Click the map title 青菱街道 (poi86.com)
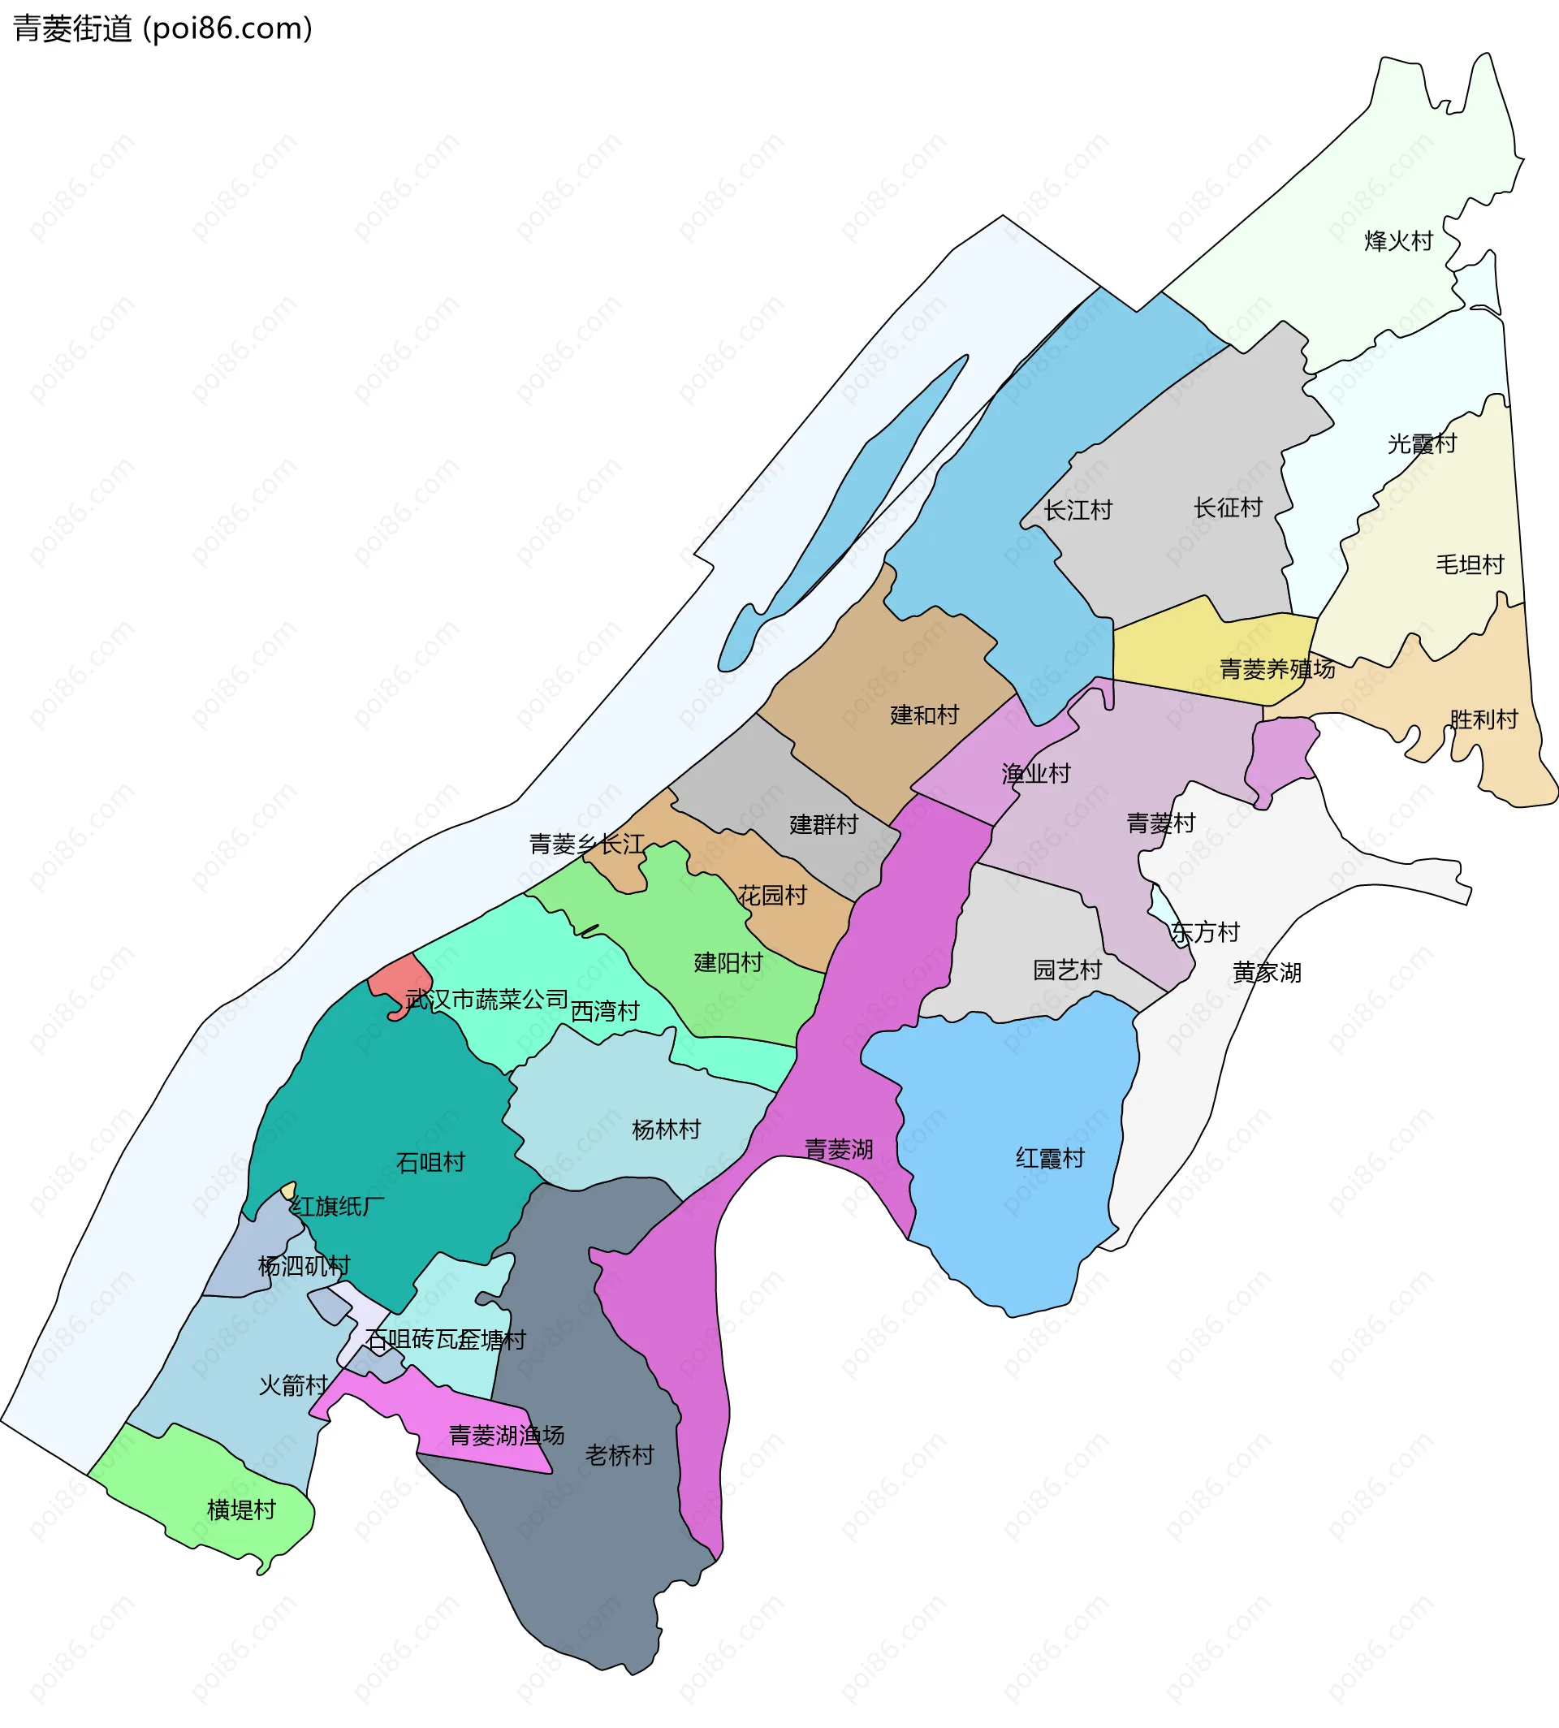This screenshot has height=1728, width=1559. tap(162, 28)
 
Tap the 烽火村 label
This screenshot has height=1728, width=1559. tap(1398, 240)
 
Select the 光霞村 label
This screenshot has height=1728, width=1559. tap(1422, 444)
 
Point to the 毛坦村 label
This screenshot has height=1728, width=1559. tap(1470, 564)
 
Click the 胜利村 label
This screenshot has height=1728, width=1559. tap(1483, 719)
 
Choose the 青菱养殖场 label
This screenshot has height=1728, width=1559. tap(1277, 669)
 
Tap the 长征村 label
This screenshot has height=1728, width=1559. tap(1229, 508)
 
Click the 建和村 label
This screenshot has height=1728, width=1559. tap(924, 715)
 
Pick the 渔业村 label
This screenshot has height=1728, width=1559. tap(1036, 775)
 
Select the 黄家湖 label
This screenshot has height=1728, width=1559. tap(1267, 972)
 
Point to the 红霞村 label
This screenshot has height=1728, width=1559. tap(1050, 1158)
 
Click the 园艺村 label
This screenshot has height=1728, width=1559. tap(1067, 970)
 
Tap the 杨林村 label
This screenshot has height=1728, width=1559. tap(667, 1130)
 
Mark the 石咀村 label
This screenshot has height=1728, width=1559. tap(431, 1163)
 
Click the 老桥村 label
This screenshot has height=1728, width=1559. tap(620, 1455)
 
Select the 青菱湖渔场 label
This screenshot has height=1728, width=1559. tap(506, 1435)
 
